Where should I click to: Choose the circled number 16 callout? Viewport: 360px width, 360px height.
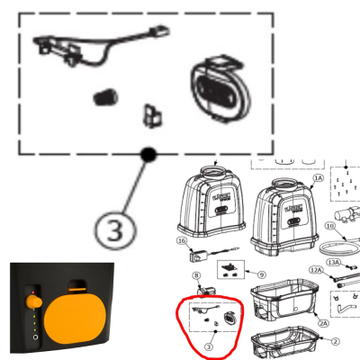click(x=180, y=241)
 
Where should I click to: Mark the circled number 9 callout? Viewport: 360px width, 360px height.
click(x=261, y=273)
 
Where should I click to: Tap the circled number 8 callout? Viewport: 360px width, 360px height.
click(x=195, y=275)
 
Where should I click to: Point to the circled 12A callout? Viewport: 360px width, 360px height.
click(x=315, y=270)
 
